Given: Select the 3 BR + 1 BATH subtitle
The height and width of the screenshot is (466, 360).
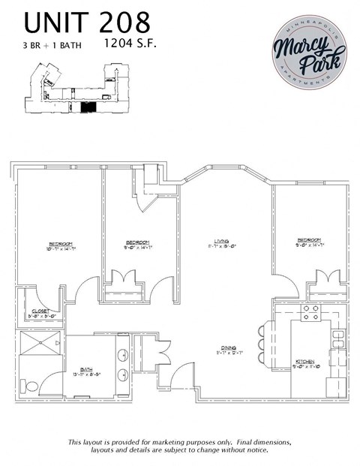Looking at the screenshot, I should click(52, 44).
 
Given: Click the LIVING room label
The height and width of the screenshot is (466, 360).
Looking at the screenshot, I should click(221, 242).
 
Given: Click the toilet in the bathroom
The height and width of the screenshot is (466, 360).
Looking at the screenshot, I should click(31, 386).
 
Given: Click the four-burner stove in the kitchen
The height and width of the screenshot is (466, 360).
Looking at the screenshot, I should click(310, 313).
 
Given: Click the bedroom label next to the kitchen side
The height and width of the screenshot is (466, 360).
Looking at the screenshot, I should click(309, 242).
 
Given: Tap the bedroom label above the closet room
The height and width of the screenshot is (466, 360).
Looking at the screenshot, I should click(61, 245).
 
